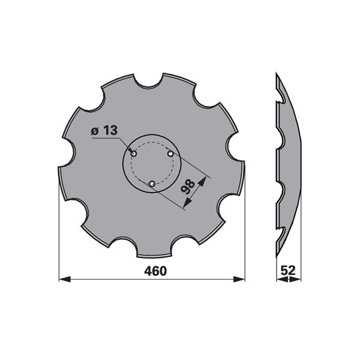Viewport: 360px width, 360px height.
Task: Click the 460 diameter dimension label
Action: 155,271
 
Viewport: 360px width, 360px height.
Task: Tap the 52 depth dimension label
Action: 288,271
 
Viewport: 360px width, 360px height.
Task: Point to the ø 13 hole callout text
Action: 104,131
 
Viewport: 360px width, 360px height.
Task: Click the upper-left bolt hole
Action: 134,154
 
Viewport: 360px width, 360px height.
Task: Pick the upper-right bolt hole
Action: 170,154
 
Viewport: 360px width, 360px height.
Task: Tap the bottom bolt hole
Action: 152,184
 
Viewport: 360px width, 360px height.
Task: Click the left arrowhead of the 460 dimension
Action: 65,280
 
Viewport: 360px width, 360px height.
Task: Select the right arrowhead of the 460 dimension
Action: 239,280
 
